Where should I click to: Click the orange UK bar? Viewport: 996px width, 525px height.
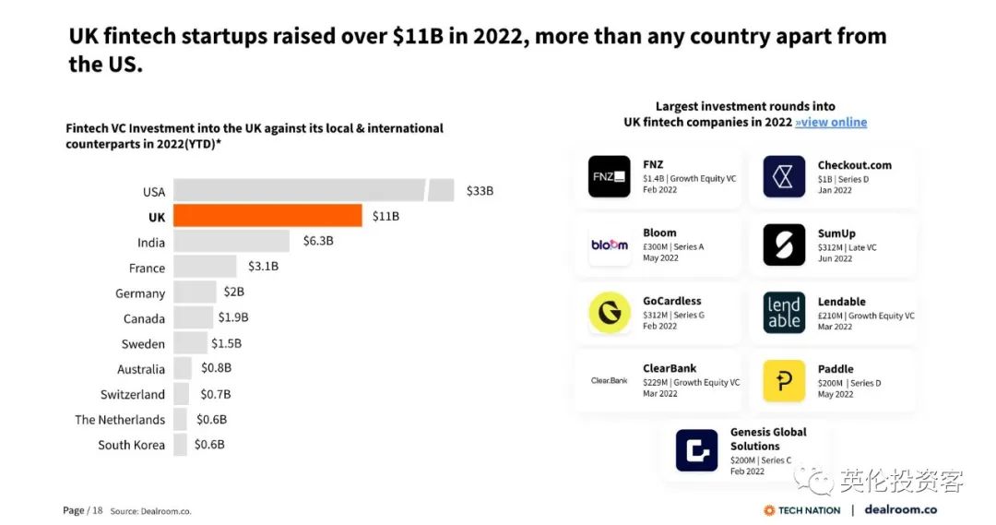pyautogui.click(x=267, y=216)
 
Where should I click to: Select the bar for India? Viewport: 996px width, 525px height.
pyautogui.click(x=232, y=242)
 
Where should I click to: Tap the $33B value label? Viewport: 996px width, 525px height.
pyautogui.click(x=480, y=191)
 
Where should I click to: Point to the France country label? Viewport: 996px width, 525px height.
pyautogui.click(x=147, y=268)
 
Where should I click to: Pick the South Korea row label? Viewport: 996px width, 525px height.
pyautogui.click(x=131, y=445)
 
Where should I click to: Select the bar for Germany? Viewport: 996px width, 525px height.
pyautogui.click(x=195, y=292)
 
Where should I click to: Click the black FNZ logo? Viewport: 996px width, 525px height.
pyautogui.click(x=609, y=176)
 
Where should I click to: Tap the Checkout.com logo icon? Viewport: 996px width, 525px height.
pyautogui.click(x=784, y=176)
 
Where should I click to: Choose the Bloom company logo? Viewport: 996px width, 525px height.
pyautogui.click(x=609, y=245)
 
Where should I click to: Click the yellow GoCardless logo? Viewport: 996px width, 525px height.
pyautogui.click(x=609, y=313)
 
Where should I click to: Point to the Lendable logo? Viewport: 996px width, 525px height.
pyautogui.click(x=784, y=313)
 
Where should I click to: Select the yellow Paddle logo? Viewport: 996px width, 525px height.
pyautogui.click(x=784, y=381)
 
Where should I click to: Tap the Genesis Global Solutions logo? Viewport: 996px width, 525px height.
pyautogui.click(x=696, y=450)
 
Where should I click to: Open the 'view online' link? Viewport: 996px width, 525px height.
pyautogui.click(x=831, y=122)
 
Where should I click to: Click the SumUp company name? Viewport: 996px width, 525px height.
pyautogui.click(x=836, y=233)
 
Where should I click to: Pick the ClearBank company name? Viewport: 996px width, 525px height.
pyautogui.click(x=670, y=368)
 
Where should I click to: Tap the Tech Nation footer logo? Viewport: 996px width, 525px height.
pyautogui.click(x=801, y=510)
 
